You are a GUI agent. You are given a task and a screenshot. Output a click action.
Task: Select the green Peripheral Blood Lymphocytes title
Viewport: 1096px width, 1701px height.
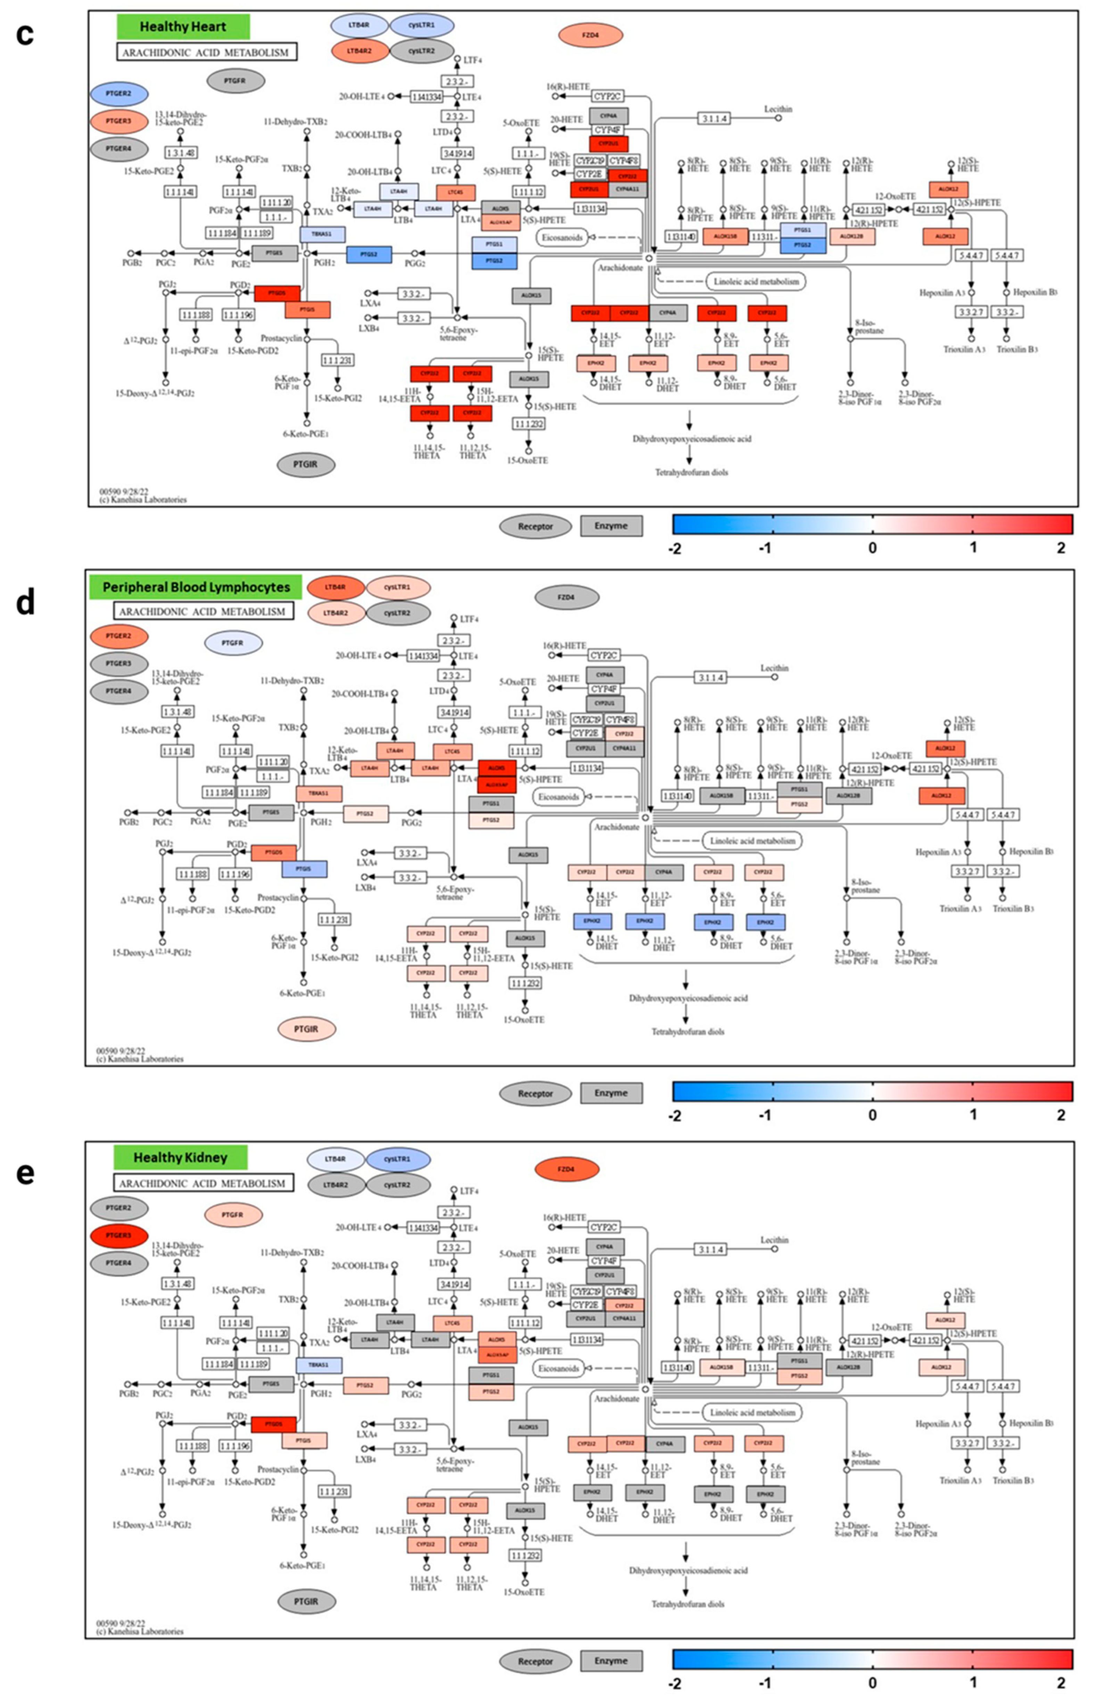[x=196, y=587]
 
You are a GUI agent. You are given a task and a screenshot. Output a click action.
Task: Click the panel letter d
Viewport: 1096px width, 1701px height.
[x=25, y=603]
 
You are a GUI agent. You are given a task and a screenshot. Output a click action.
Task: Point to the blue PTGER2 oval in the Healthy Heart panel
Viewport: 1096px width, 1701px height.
[x=119, y=93]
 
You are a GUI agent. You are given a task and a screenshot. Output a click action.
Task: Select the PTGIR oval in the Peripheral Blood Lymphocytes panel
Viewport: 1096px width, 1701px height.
[x=306, y=1029]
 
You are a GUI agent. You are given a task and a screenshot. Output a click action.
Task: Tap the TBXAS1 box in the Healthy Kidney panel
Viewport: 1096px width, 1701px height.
[x=318, y=1364]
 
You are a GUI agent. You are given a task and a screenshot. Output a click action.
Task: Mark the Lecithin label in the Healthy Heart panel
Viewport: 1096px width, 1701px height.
[x=778, y=109]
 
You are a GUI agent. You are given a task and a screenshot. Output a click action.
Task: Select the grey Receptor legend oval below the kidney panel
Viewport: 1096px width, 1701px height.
[x=535, y=1661]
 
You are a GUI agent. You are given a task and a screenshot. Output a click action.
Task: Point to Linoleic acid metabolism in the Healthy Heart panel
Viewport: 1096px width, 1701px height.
[x=756, y=281]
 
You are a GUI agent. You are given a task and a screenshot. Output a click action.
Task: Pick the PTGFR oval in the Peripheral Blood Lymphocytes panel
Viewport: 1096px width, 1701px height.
[x=233, y=643]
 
